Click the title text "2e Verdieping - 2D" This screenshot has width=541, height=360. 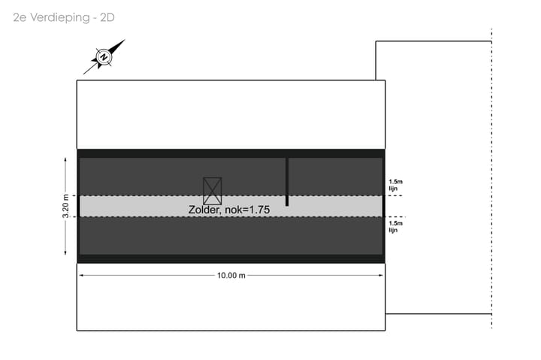click(64, 17)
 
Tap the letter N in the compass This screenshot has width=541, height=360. click(104, 57)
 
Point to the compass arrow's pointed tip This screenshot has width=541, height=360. click(125, 40)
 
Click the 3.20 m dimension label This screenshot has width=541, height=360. click(65, 206)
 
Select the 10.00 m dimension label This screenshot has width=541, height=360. click(231, 275)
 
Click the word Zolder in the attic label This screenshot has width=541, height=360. click(204, 210)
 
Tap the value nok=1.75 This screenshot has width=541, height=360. click(247, 210)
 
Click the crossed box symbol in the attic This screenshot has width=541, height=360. click(212, 191)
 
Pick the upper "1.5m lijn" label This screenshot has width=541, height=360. click(395, 185)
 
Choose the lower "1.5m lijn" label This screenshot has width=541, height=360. click(395, 226)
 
